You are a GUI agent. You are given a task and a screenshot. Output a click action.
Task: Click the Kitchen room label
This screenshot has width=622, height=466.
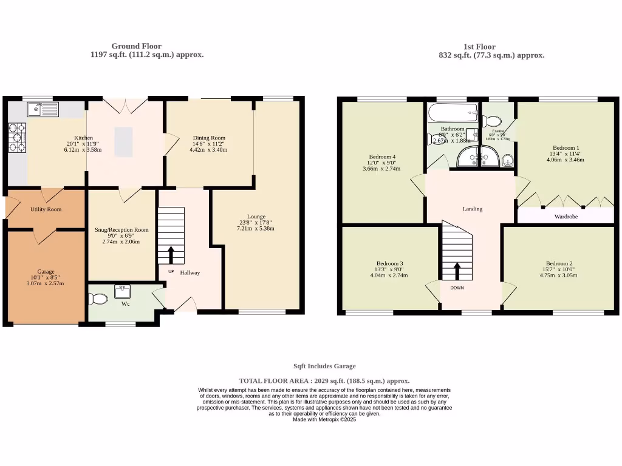(83, 138)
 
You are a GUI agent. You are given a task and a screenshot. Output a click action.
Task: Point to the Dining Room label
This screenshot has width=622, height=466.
(209, 138)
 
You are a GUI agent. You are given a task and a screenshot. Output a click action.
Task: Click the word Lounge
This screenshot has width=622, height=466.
(256, 216)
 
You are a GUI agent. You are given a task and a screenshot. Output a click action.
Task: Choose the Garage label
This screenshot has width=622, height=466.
(46, 271)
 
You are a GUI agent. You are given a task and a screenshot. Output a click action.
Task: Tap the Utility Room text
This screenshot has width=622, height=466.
(46, 209)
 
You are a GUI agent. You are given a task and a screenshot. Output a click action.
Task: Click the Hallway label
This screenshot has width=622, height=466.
(190, 272)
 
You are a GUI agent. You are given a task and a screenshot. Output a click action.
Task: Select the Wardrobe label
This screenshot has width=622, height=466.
(566, 216)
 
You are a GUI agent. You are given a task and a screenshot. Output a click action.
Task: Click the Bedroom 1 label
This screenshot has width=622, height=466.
(566, 147)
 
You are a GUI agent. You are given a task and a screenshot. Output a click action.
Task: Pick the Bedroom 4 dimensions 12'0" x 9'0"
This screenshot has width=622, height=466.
(381, 162)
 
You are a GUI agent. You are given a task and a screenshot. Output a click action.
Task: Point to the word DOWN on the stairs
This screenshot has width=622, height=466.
(457, 288)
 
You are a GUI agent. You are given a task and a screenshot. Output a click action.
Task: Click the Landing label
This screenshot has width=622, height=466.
(472, 209)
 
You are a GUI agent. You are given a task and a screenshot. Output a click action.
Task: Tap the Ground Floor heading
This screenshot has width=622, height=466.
(136, 46)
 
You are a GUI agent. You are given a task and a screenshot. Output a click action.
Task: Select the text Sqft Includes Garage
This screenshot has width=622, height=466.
(324, 366)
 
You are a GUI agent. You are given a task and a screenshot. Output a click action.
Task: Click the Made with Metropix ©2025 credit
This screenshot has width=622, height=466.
(324, 419)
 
